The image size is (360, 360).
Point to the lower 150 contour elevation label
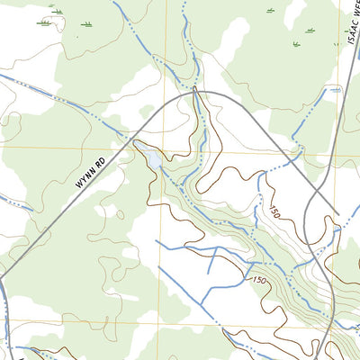(259, 283)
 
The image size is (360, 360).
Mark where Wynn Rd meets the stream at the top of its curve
(194, 91)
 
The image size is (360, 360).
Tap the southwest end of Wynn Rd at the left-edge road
(3, 276)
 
